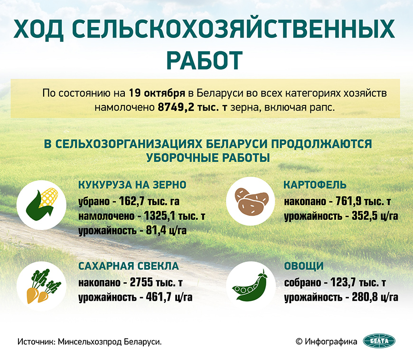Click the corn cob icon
coord(42,205)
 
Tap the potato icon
coord(251,201)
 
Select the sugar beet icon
coord(43,286)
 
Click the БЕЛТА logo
coord(379,341)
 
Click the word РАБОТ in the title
coord(205,60)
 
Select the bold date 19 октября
coord(157,93)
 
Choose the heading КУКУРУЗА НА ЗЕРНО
coord(132,185)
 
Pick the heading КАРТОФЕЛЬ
coord(315,185)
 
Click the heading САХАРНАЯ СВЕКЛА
coord(129,266)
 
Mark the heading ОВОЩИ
coord(304,266)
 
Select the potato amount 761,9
coord(348,201)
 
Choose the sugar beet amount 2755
coord(141,282)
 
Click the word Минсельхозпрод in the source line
coord(90,342)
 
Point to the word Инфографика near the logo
coord(331,342)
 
